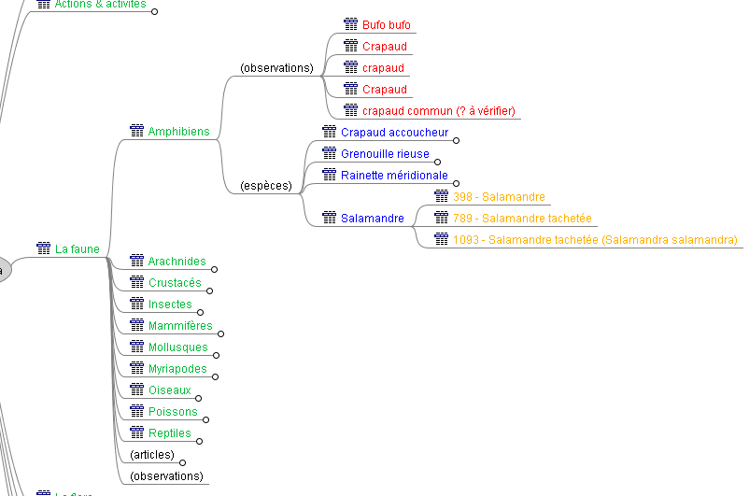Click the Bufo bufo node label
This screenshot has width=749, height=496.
(386, 25)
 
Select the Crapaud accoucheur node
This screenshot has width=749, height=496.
(394, 133)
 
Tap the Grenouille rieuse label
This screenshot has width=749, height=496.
(385, 154)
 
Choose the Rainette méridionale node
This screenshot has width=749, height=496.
(394, 176)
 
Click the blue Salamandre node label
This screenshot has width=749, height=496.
(372, 219)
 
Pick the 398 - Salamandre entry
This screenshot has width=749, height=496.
(499, 197)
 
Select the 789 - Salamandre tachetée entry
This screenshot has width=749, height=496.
(522, 219)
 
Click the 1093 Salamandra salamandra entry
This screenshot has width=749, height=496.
(595, 240)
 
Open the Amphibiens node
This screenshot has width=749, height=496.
(178, 132)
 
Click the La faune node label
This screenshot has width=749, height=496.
(77, 249)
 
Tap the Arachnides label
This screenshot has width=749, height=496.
(177, 262)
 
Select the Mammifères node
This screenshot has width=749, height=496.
(180, 326)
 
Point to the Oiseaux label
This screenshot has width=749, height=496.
(169, 390)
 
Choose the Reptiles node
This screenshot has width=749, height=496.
(169, 433)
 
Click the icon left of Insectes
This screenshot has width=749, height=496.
(136, 305)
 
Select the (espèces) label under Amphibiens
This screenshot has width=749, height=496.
(266, 186)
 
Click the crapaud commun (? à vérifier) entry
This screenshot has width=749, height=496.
(438, 111)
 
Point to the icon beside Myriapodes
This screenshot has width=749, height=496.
(136, 369)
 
